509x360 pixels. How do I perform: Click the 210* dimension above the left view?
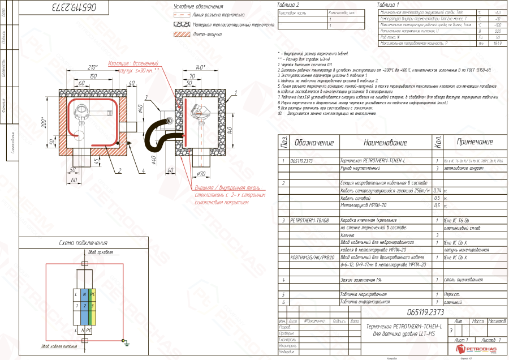coord(93,67)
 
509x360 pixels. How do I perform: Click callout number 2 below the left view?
coord(120,170)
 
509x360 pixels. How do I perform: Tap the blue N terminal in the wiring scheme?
coord(84,295)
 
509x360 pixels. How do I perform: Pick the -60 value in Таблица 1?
coord(497,12)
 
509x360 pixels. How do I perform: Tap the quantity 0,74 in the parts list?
coord(437,191)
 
